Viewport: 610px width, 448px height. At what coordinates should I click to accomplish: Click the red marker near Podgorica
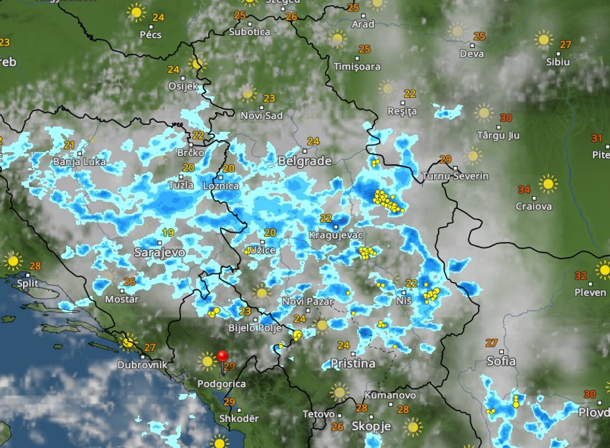point(222,355)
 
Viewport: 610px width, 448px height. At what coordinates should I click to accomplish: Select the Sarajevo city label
point(159,253)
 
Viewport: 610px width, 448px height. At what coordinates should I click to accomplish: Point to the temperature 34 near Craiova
point(525,190)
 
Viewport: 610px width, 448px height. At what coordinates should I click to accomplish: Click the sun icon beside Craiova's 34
point(548,185)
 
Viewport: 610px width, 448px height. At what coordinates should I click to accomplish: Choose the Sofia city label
point(501,361)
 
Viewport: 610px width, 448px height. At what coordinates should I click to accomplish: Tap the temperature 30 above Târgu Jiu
point(506,118)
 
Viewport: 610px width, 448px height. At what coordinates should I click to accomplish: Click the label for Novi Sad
point(261,116)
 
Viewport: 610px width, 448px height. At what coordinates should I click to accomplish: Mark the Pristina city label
point(352,364)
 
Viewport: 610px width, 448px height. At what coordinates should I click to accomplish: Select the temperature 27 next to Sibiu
point(566,45)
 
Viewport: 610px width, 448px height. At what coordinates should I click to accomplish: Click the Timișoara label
point(357,67)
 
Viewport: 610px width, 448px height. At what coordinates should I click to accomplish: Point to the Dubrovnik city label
point(143,365)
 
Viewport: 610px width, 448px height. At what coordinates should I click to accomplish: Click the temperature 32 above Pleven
point(581,276)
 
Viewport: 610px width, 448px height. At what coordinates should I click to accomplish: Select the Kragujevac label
point(337,235)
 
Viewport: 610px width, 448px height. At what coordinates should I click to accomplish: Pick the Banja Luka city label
point(79,162)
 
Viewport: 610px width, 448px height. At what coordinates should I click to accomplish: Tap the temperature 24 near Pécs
point(158,17)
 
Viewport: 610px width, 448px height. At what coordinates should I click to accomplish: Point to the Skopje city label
point(371,426)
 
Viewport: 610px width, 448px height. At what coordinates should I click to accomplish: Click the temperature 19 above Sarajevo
point(169,233)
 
